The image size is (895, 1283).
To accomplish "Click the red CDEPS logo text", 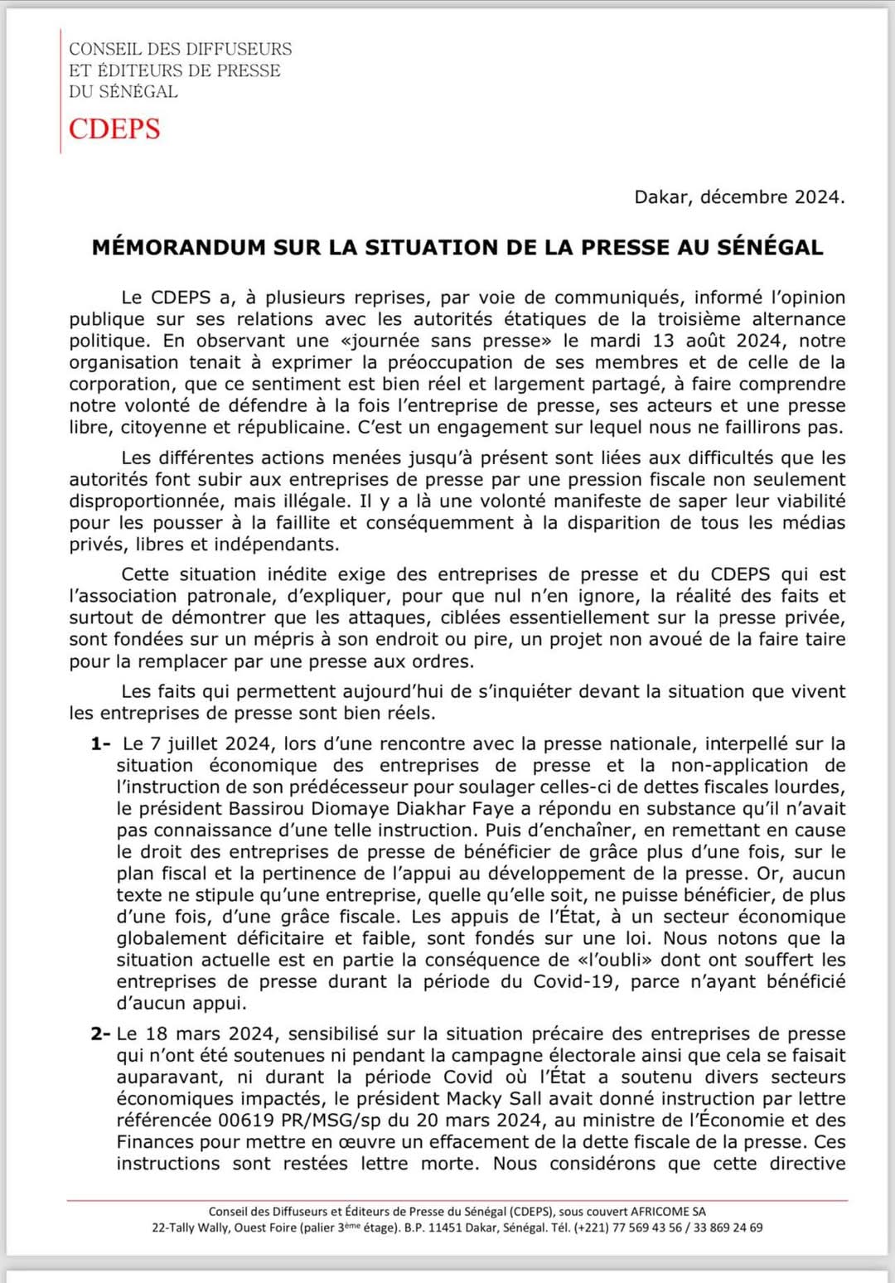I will (x=114, y=129).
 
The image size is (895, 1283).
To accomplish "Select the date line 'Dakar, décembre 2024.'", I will (x=739, y=197).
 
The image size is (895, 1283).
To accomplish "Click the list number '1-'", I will (x=101, y=744).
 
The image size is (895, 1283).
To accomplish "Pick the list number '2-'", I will (x=101, y=1034).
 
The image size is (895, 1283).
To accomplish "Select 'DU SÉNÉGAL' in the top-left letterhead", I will (x=123, y=92).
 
